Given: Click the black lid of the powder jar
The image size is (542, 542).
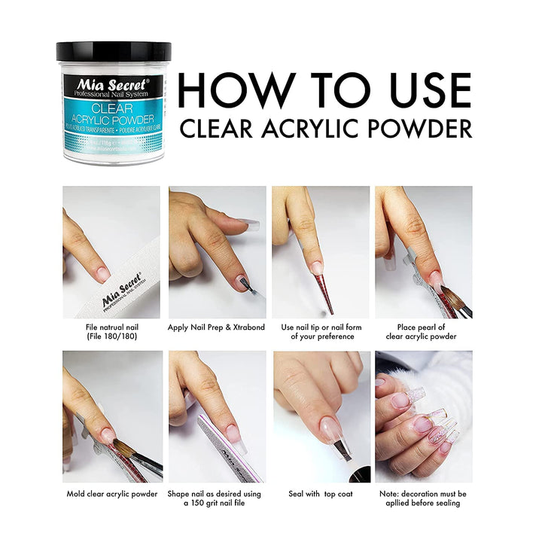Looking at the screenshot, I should click(x=113, y=52).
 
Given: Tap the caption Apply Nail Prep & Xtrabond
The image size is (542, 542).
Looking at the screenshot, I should click(x=217, y=327).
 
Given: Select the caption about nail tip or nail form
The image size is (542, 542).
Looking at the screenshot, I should click(x=321, y=332).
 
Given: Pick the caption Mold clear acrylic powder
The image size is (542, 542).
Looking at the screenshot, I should click(x=111, y=494).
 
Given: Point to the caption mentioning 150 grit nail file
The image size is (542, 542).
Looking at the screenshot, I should click(x=217, y=498).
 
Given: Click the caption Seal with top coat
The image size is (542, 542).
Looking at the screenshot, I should click(x=321, y=494).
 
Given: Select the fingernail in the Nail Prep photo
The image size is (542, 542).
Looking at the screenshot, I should click(x=242, y=282).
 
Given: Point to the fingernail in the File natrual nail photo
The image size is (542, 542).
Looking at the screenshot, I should click(x=102, y=273).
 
